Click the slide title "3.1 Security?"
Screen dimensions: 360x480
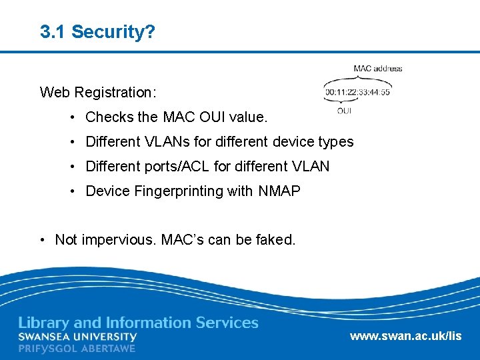[x=97, y=31]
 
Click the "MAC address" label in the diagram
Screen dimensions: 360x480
[x=378, y=68]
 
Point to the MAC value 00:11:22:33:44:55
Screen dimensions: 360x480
[x=357, y=92]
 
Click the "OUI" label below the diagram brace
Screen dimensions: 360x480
[x=344, y=111]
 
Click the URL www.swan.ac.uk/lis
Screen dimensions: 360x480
[x=405, y=336]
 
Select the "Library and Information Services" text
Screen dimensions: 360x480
[x=138, y=323]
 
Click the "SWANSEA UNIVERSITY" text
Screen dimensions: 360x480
[x=77, y=337]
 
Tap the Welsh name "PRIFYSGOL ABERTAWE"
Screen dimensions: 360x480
[x=77, y=349]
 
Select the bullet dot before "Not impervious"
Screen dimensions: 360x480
[x=43, y=239]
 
